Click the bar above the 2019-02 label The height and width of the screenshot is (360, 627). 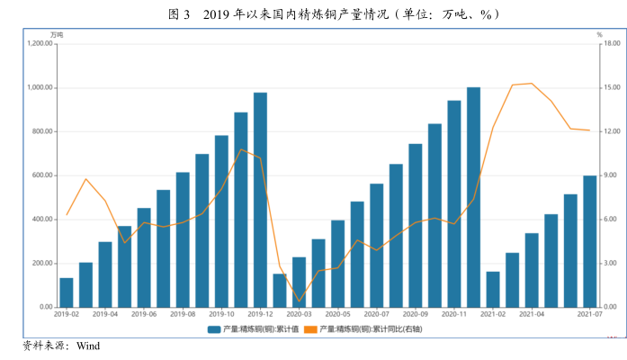coord(67,292)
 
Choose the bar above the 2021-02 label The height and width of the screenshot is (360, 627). coord(492,289)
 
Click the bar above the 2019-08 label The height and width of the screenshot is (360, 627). coord(183,239)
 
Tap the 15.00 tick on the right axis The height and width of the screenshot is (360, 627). coord(611,88)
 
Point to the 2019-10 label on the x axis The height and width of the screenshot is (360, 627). coord(221,314)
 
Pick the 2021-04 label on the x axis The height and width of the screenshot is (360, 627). coord(532,314)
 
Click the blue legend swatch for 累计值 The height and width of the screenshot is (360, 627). coord(214,329)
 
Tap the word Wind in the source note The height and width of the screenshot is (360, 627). coord(88,345)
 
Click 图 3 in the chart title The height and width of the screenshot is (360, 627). coord(179,14)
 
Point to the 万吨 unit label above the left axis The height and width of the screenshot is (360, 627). coord(57,35)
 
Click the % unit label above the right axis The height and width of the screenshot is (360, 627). coord(599,35)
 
